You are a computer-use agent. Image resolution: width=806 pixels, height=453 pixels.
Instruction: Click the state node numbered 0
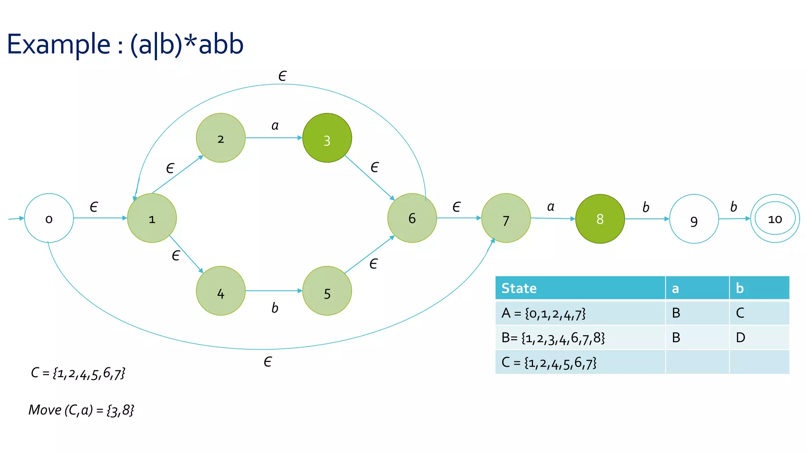tap(49, 218)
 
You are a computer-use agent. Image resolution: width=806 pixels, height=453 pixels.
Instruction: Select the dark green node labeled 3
tap(327, 138)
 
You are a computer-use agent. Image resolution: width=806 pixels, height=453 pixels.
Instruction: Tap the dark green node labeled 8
tap(600, 219)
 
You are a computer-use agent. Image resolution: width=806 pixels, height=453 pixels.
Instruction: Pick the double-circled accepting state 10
tap(775, 219)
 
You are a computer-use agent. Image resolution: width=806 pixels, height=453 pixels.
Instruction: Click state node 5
tap(327, 291)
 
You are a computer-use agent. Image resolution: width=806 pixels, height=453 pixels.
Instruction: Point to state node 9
tap(694, 219)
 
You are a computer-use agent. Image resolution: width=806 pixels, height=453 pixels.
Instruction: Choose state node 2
tap(220, 138)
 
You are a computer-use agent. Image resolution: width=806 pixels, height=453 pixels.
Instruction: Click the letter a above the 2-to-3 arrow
tap(275, 126)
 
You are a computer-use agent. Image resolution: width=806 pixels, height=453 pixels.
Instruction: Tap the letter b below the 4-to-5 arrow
tap(275, 308)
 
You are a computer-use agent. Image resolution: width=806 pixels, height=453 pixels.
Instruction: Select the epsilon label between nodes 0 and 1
tap(94, 207)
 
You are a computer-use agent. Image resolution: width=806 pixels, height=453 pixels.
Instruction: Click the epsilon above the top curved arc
tap(282, 76)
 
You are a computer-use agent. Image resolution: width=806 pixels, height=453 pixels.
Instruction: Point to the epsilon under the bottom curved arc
tap(268, 362)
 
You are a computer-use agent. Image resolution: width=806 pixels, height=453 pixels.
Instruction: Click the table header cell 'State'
tap(519, 288)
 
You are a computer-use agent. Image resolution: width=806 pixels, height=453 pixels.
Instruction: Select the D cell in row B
tap(740, 337)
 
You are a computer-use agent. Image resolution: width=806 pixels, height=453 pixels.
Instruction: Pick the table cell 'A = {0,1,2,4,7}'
tap(543, 313)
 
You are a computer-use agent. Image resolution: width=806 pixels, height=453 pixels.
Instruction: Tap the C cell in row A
tap(740, 313)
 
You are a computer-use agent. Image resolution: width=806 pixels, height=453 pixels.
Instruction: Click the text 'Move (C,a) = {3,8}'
tap(81, 410)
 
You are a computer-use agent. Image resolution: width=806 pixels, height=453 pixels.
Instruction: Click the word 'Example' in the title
tap(59, 44)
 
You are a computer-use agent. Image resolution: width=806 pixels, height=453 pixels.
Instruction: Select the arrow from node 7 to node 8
tap(553, 218)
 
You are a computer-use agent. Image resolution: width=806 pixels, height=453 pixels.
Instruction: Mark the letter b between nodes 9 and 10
tap(734, 207)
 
